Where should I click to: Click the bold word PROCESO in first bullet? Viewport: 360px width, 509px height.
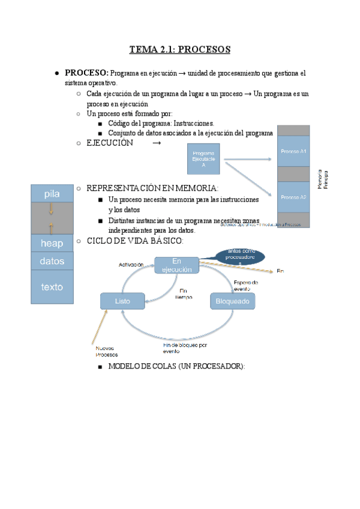[x=86, y=73]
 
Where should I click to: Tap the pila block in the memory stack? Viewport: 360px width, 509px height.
[x=52, y=194]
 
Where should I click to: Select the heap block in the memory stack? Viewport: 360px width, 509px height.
[x=52, y=243]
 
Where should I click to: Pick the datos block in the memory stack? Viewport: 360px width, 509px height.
[x=52, y=261]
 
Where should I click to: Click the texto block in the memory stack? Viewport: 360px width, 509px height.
[x=52, y=287]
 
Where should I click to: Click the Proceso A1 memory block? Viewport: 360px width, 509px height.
[x=293, y=152]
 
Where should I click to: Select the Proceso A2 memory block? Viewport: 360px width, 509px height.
[x=293, y=197]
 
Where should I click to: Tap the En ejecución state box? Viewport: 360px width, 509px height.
[x=176, y=265]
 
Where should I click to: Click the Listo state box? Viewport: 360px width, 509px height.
[x=122, y=300]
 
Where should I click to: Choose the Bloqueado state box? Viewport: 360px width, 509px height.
[x=232, y=300]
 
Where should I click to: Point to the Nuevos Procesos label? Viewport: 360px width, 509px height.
[x=107, y=351]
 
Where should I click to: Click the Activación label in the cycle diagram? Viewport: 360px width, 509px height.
[x=130, y=264]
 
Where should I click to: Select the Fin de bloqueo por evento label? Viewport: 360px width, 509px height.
[x=185, y=348]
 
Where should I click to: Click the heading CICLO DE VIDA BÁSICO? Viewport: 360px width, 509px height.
[x=135, y=241]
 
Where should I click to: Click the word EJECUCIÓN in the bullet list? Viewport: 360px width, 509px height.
[x=109, y=143]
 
